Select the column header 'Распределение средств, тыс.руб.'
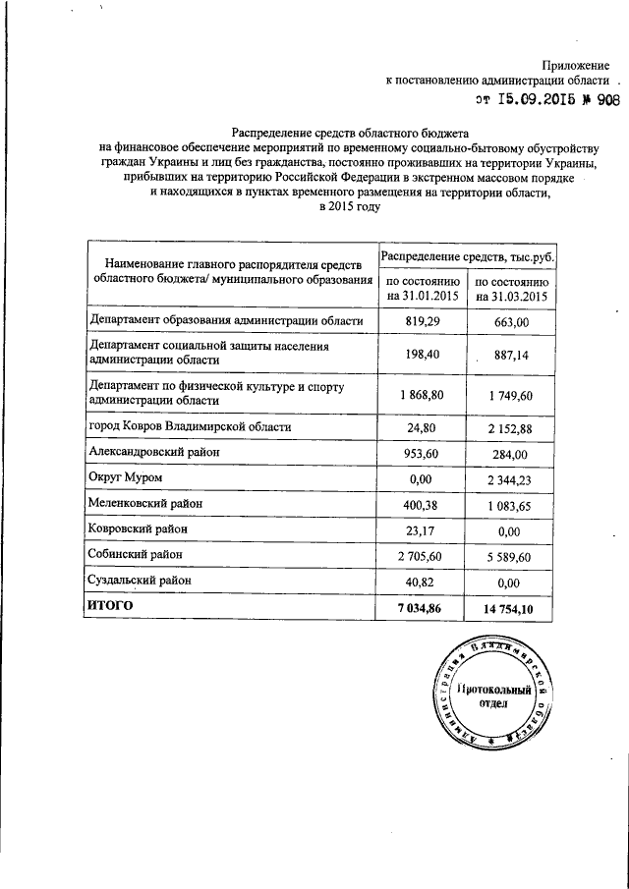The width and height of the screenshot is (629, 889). [x=467, y=255]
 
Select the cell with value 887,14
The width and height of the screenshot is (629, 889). [x=512, y=356]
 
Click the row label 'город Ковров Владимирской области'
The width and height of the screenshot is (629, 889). [x=188, y=427]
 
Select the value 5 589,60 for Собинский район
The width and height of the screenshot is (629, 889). [x=512, y=555]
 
